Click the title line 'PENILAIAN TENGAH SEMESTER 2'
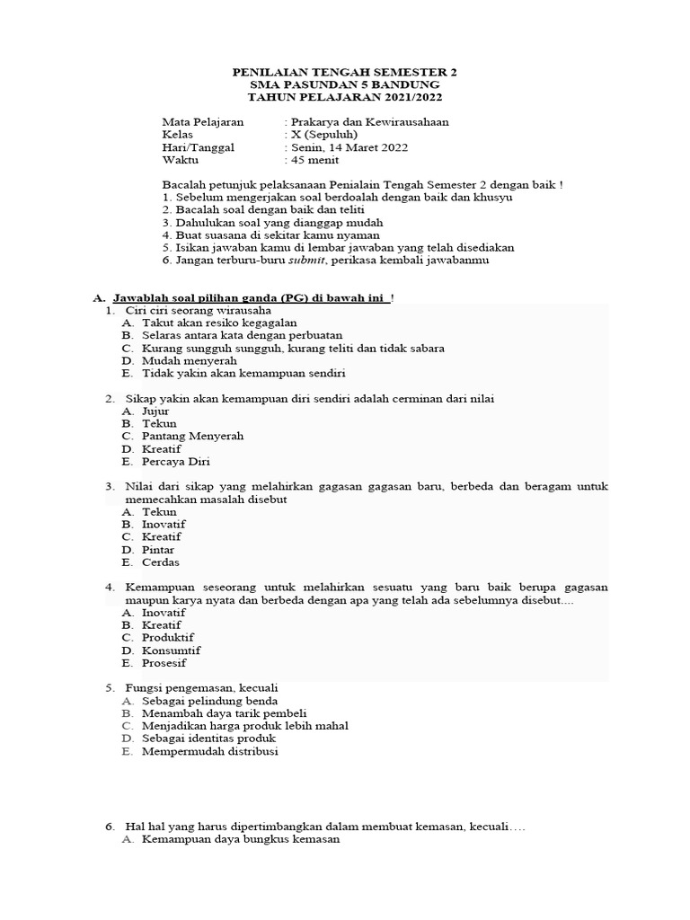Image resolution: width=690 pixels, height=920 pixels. click(345, 72)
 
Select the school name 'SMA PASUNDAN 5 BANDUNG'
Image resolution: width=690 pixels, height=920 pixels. click(345, 84)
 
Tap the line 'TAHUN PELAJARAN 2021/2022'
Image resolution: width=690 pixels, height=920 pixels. click(345, 97)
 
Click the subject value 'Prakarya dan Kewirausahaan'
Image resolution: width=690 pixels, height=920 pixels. click(368, 122)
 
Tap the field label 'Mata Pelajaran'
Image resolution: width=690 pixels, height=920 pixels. click(202, 122)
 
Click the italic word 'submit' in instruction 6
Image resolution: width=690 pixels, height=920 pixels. click(305, 261)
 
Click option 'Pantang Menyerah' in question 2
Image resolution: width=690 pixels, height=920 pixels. click(192, 436)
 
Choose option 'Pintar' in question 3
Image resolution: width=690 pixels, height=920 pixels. click(158, 550)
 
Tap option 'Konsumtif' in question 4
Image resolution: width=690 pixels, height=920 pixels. click(171, 650)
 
